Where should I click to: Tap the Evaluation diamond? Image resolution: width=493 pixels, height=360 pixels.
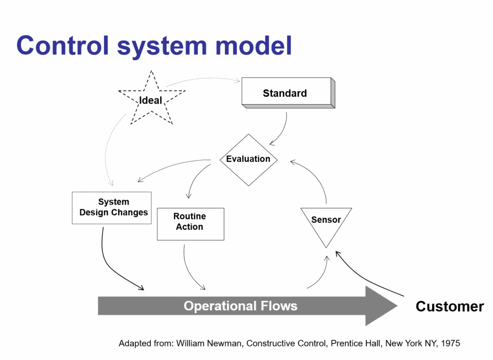tap(248, 159)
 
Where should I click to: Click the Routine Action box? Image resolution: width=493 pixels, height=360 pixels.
tap(190, 224)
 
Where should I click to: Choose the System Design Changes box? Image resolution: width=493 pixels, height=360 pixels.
tap(112, 208)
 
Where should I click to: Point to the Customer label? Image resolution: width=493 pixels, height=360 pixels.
tap(449, 307)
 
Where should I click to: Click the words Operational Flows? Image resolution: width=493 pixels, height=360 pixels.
tap(240, 306)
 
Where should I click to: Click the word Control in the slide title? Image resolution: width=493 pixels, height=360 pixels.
tap(63, 46)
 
